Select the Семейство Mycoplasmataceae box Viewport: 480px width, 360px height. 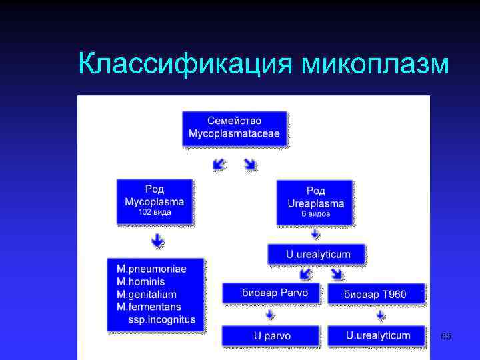click(234, 129)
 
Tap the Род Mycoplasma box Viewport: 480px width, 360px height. click(154, 201)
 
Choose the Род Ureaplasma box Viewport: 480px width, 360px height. click(315, 202)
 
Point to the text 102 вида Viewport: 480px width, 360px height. click(154, 213)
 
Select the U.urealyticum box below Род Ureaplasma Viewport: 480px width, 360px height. click(317, 254)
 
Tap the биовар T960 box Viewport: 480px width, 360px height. click(375, 294)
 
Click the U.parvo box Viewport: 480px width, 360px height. click(272, 335)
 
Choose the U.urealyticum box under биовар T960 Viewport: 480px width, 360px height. click(377, 335)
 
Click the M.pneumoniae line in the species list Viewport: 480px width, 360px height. click(151, 269)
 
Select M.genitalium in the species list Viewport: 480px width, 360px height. click(147, 294)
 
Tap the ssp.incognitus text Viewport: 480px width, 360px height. click(162, 319)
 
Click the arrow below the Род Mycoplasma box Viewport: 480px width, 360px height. click(157, 241)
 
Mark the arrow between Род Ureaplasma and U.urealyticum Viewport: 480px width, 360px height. click(315, 235)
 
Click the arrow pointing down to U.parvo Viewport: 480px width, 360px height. click(269, 315)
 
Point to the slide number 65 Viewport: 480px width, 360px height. click(446, 337)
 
